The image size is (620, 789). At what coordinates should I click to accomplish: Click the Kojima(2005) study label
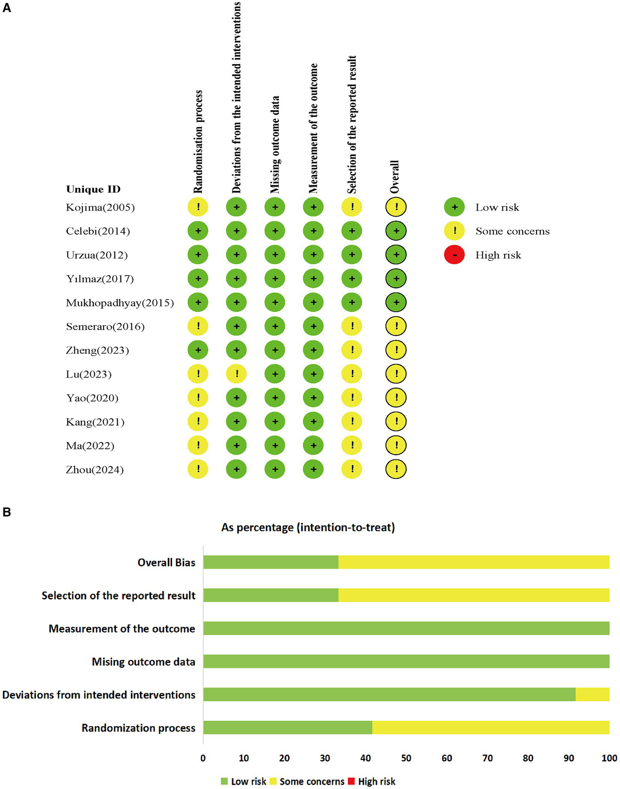click(100, 208)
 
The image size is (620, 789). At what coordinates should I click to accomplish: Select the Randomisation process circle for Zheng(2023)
click(198, 350)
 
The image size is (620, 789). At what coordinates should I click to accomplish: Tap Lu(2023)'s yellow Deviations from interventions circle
click(236, 374)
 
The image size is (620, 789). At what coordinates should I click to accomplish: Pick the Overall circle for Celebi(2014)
click(396, 231)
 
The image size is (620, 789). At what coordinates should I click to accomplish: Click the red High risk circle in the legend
click(454, 255)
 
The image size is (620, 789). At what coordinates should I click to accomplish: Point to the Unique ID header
click(93, 189)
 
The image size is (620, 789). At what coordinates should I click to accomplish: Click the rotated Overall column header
click(394, 177)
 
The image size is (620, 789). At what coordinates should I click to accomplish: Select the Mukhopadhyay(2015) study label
click(120, 303)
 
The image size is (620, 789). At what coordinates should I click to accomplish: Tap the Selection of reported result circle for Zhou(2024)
click(352, 469)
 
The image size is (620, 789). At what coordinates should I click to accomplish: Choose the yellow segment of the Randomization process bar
click(490, 727)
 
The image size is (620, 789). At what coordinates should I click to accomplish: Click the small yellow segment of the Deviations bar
click(592, 694)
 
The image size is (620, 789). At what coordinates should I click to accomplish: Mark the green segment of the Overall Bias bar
click(271, 562)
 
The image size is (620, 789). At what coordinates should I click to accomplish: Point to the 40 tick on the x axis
click(366, 758)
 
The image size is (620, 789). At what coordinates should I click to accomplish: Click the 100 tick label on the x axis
click(609, 758)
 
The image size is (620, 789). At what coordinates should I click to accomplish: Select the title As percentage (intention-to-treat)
click(308, 527)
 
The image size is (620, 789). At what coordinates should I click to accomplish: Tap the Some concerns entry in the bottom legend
click(311, 781)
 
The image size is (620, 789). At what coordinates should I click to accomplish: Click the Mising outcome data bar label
click(143, 661)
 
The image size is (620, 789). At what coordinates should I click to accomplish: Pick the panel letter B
click(6, 512)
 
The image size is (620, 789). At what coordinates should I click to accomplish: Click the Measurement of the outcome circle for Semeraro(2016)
click(313, 326)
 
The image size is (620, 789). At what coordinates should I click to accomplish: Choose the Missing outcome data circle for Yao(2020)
click(275, 398)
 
